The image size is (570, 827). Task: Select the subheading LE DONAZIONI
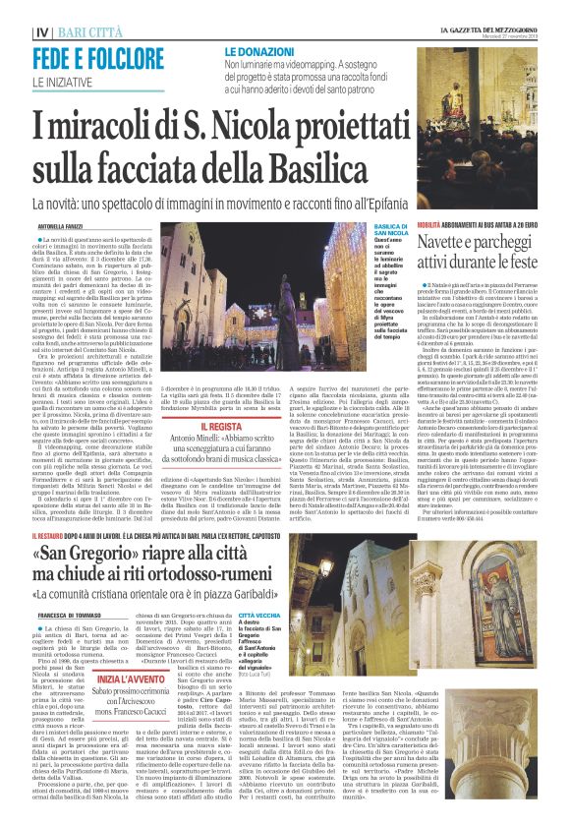click(260, 49)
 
